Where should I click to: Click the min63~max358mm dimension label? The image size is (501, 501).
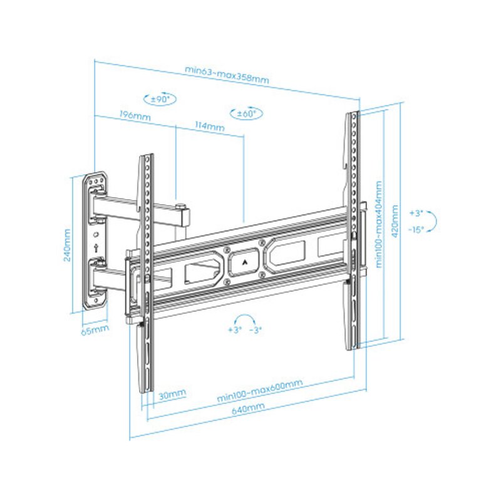click(x=227, y=74)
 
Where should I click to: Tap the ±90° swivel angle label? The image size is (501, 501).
click(x=161, y=99)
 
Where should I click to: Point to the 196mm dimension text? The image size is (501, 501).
click(x=135, y=116)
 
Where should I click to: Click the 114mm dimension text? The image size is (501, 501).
click(x=210, y=127)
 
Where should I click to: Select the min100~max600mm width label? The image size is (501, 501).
click(x=260, y=391)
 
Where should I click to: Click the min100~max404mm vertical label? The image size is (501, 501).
click(x=378, y=224)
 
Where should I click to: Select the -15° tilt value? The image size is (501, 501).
click(x=416, y=229)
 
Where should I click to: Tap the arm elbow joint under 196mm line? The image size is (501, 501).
click(x=182, y=214)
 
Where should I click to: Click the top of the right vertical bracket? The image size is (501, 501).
click(x=353, y=116)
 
